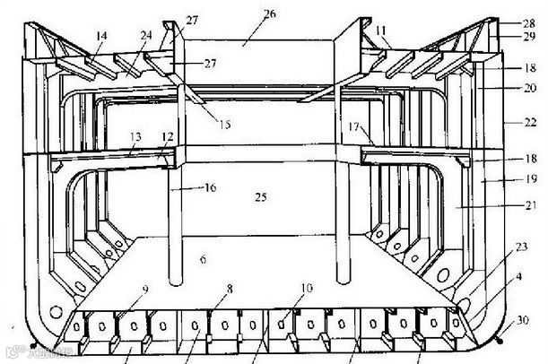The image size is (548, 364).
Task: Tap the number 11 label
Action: point(381,30)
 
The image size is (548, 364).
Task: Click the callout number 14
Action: point(100,36)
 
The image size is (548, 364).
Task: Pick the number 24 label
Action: point(145,36)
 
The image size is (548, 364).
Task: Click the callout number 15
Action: point(222,124)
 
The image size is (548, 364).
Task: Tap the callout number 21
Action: point(529,204)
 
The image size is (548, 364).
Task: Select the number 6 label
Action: point(203,260)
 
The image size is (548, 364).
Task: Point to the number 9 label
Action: point(144,290)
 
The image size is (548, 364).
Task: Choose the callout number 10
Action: point(306,288)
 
